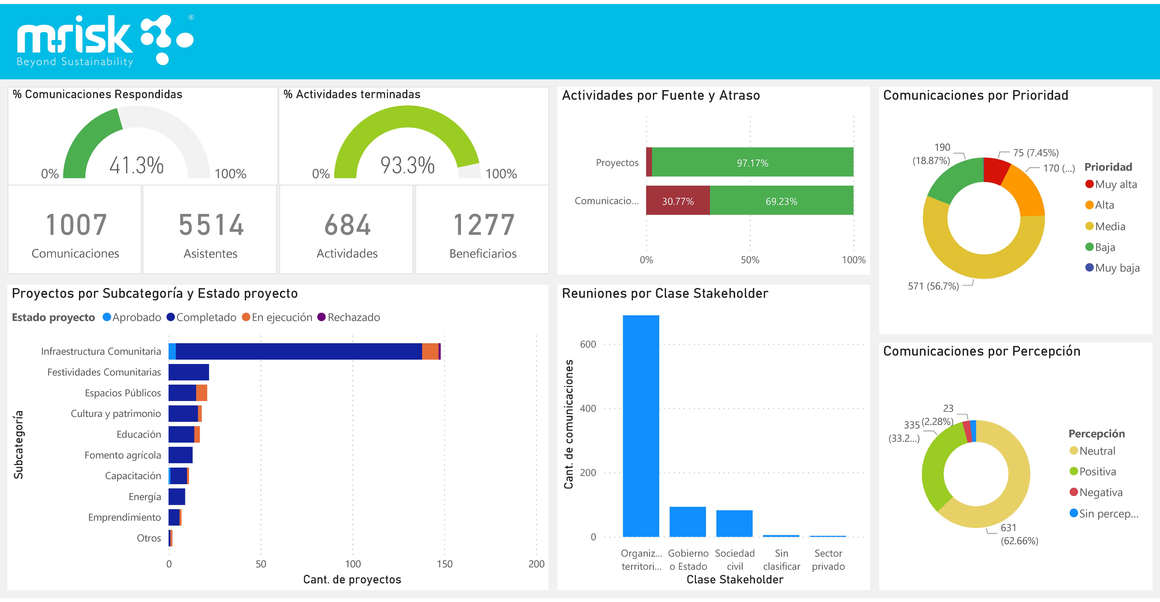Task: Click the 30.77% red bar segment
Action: pyautogui.click(x=678, y=201)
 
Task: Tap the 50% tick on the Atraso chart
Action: pyautogui.click(x=750, y=260)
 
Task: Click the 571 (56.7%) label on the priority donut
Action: pyautogui.click(x=933, y=286)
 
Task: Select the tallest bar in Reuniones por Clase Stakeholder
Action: pyautogui.click(x=641, y=425)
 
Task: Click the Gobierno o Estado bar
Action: pyautogui.click(x=688, y=521)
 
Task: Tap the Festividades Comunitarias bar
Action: pyautogui.click(x=189, y=372)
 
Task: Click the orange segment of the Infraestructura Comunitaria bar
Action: pyautogui.click(x=430, y=351)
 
